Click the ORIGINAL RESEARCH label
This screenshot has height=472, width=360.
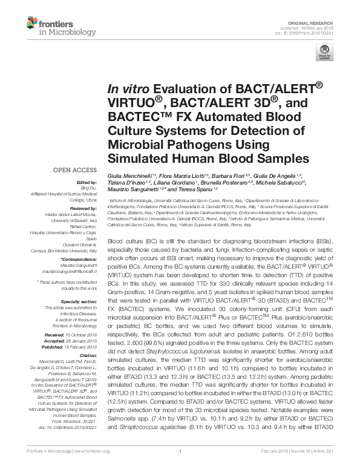coord(318,21)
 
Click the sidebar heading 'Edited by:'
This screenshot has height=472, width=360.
coord(86,182)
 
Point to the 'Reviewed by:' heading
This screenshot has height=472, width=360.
coord(82,208)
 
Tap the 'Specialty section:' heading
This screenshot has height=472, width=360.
coord(79,301)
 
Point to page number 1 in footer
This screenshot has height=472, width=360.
coord(180,451)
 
